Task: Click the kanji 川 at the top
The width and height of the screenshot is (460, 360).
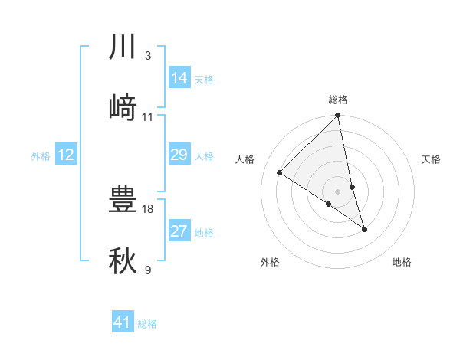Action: point(123,47)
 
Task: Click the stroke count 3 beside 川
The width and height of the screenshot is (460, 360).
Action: point(147,56)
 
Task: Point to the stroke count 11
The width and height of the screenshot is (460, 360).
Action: point(148,116)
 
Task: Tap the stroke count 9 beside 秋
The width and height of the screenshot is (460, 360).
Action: point(147,269)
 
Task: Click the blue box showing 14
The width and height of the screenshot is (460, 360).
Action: point(179,78)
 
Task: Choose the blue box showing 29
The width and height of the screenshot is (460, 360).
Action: point(179,155)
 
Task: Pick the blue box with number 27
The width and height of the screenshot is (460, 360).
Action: point(179,231)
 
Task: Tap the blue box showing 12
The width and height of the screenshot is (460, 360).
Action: point(66,155)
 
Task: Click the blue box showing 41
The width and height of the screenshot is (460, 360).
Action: point(123,322)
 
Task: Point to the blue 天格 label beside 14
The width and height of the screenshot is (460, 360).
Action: point(204,79)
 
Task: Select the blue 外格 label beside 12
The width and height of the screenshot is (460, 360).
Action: point(41,156)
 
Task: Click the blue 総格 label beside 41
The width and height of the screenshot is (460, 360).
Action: point(147,323)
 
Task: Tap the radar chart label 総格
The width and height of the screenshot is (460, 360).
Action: point(338,100)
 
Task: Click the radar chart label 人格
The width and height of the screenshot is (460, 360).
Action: point(245,159)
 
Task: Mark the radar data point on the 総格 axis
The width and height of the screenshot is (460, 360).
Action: point(337,116)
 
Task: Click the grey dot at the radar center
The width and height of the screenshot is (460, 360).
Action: point(337,191)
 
